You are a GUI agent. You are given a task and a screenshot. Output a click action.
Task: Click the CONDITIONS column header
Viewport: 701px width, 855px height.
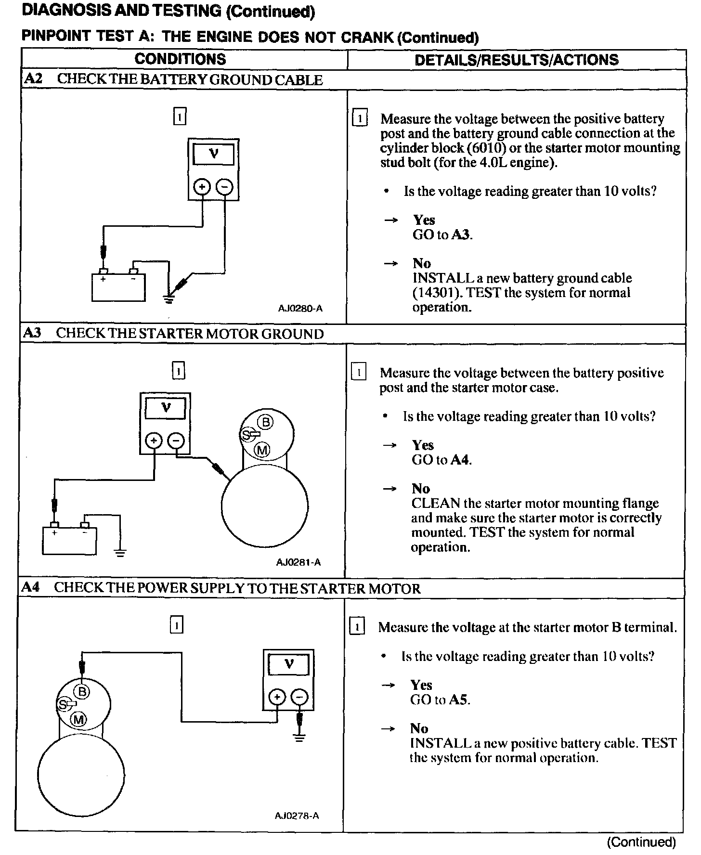180,59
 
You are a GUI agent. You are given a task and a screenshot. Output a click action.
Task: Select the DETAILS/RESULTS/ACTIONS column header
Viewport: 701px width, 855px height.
516,60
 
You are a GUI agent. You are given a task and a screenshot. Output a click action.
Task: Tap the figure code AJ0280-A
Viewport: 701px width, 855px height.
300,308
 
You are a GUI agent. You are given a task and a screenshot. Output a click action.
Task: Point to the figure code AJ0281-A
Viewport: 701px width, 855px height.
299,562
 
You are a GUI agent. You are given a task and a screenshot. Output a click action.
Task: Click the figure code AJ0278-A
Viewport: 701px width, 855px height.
297,816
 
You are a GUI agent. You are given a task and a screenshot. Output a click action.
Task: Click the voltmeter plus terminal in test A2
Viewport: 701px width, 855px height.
202,187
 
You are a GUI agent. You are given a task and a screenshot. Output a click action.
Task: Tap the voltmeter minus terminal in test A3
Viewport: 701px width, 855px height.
176,440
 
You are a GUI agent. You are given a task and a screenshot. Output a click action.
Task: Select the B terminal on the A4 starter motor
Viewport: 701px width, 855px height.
82,692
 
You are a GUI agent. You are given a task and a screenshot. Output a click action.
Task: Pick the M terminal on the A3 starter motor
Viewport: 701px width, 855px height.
262,450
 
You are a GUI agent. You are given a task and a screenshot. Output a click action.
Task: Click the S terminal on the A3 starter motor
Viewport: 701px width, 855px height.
247,435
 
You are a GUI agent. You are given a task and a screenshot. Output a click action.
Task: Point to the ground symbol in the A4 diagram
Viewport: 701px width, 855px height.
299,737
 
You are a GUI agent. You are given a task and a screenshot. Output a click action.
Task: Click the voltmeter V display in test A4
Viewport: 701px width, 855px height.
288,664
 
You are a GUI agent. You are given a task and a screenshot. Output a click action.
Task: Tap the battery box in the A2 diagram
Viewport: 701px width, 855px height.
118,287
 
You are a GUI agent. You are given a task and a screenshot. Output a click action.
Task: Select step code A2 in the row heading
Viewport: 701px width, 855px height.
33,79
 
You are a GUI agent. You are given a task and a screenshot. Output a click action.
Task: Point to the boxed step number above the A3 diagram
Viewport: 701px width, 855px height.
178,371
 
